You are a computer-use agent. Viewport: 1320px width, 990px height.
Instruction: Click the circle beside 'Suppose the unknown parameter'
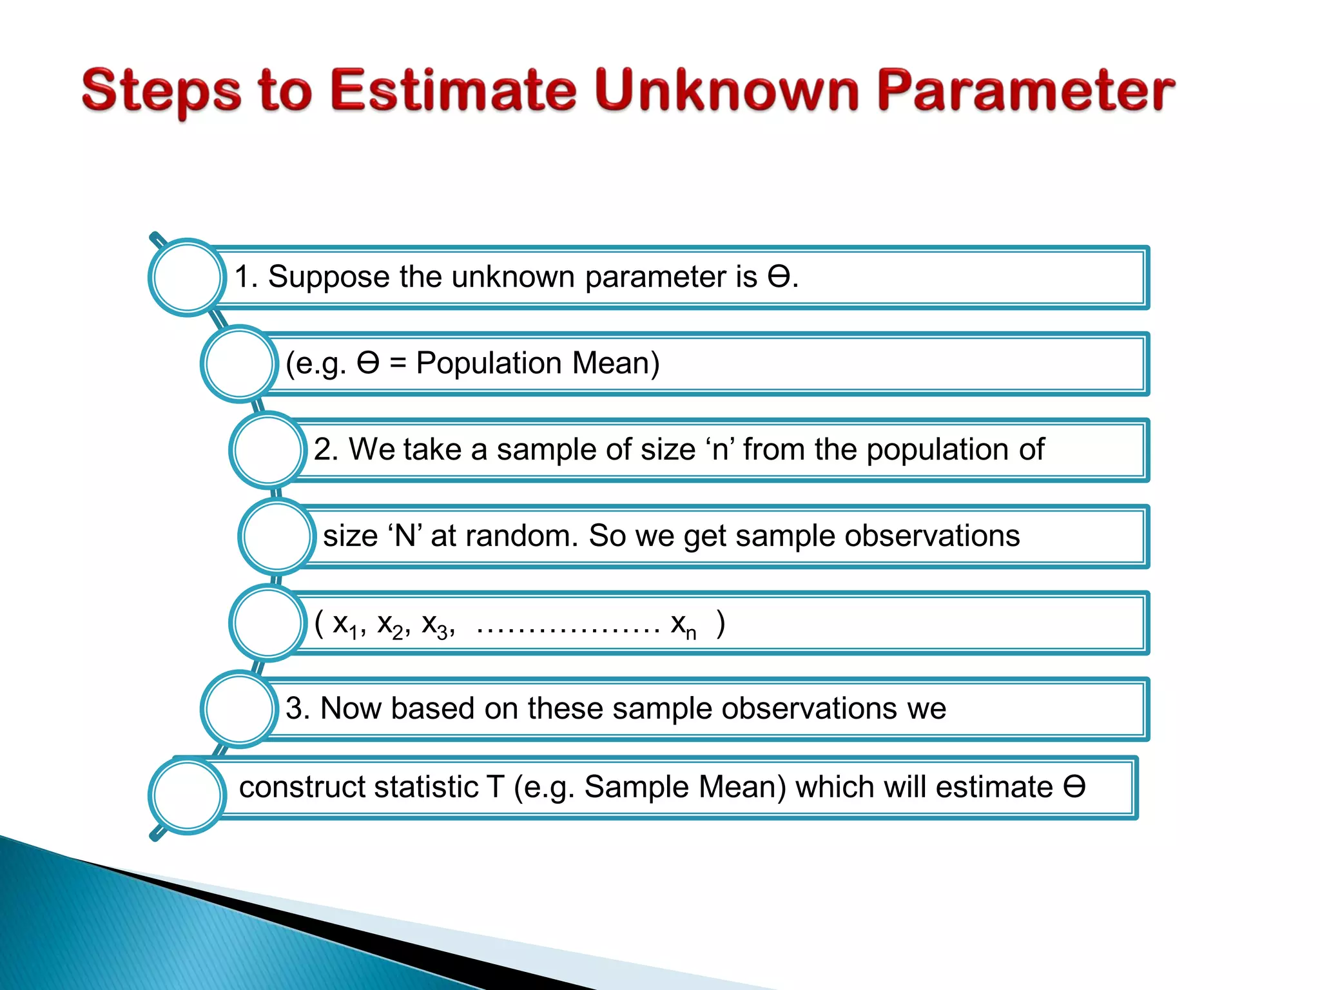tap(187, 277)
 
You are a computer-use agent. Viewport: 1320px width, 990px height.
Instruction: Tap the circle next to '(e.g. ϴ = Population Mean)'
tap(239, 364)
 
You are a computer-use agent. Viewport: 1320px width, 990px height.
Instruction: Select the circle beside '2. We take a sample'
tap(267, 450)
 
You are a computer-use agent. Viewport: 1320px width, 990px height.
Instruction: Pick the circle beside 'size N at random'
tap(277, 536)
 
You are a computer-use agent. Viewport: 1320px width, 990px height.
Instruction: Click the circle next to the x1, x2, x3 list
tap(267, 623)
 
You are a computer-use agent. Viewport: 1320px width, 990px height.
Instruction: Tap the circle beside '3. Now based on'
tap(239, 709)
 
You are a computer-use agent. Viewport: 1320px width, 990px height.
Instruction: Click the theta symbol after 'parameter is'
tap(779, 277)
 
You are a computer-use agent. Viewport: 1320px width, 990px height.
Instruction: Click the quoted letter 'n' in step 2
tap(720, 450)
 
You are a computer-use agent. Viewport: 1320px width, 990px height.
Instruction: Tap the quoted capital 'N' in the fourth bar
tap(405, 536)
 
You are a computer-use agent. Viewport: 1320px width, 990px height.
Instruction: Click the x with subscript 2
tap(389, 624)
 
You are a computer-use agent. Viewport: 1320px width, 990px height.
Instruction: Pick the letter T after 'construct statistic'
tap(495, 787)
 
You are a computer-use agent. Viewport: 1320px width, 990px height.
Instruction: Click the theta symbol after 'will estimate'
tap(1074, 787)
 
